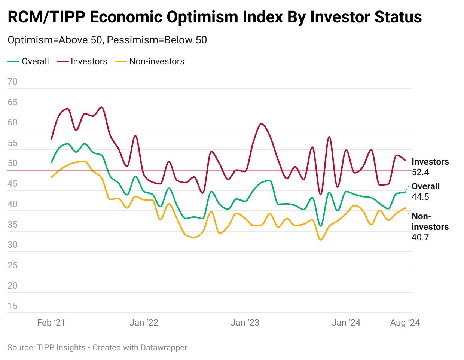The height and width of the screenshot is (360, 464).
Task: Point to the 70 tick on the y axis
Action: point(12,82)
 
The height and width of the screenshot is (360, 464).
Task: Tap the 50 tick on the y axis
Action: point(12,164)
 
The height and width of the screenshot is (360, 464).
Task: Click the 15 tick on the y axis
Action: point(12,306)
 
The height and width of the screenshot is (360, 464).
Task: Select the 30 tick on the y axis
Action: point(12,245)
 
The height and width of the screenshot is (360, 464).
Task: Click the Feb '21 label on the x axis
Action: point(51,323)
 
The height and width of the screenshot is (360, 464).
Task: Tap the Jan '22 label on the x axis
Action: point(144,323)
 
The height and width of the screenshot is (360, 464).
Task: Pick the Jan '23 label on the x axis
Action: point(245,323)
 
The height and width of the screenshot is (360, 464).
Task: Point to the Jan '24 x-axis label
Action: point(346,323)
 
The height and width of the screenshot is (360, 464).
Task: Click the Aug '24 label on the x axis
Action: point(405,323)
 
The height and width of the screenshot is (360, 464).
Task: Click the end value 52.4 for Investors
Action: point(420,172)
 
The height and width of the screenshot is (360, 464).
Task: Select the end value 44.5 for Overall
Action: point(420,197)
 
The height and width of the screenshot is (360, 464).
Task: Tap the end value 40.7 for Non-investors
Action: point(420,237)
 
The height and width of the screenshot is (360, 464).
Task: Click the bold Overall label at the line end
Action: point(425,186)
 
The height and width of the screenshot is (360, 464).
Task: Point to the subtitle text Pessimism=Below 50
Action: point(157,40)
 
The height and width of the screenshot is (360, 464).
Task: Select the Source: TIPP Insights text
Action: point(46,347)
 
